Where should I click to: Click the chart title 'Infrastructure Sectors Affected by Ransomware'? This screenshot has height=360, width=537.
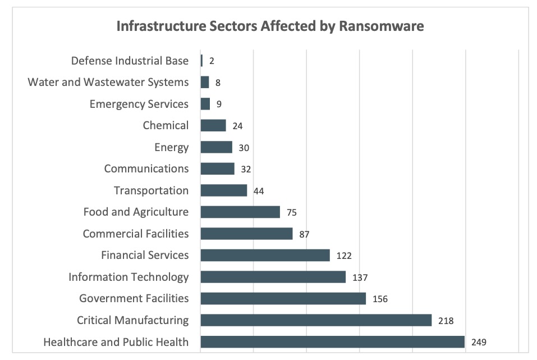269,26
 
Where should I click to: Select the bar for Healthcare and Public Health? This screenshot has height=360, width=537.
332,341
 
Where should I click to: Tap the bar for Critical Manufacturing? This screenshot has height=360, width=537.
316,320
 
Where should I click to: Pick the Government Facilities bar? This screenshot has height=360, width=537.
283,299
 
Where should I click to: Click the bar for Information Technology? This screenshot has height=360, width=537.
273,277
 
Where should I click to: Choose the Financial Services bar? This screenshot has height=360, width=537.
265,255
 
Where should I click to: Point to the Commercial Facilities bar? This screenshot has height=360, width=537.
246,234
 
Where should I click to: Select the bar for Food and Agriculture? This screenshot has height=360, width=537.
240,212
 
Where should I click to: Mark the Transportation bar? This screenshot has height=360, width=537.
223,190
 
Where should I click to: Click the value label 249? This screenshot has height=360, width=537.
479,342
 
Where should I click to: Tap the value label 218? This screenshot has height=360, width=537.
446,321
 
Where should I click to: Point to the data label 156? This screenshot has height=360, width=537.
380,299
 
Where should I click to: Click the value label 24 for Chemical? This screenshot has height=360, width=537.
237,126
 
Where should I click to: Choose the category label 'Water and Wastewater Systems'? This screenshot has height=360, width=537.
108,82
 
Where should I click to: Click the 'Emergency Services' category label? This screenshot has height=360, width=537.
139,104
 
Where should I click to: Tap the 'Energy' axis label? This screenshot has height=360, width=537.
172,147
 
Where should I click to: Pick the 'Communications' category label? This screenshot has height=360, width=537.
146,168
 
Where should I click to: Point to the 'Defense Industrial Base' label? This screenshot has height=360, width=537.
130,61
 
